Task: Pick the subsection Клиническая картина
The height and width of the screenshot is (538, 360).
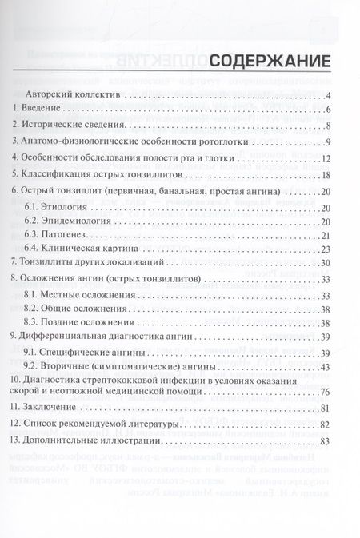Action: pyautogui.click(x=73, y=253)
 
